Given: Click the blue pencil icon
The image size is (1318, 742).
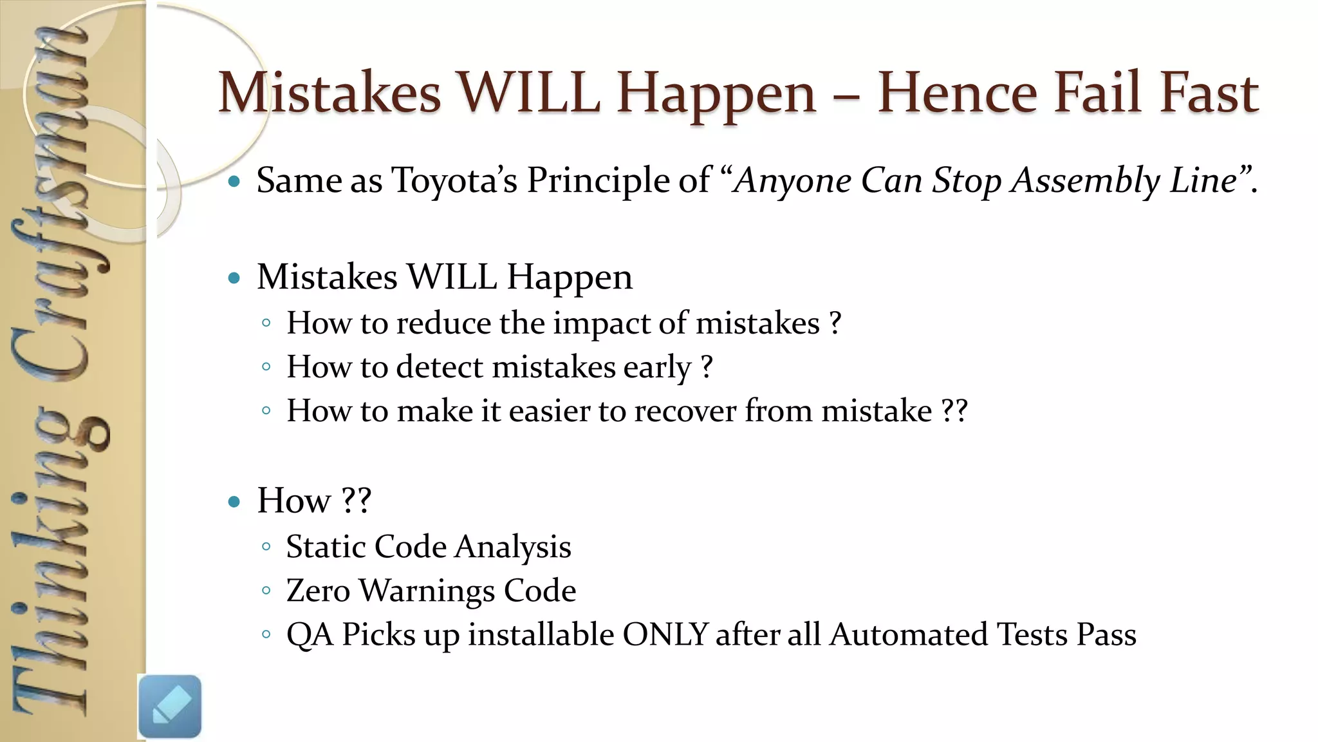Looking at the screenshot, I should click(x=170, y=707).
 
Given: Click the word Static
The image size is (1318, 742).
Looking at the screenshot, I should click(x=326, y=547).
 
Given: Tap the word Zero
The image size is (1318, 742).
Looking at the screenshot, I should click(x=318, y=591).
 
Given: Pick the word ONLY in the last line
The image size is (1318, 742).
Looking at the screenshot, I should click(x=665, y=634).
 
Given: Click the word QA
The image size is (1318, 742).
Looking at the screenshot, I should click(x=310, y=634).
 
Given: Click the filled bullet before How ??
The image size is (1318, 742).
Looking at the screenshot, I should click(x=234, y=501).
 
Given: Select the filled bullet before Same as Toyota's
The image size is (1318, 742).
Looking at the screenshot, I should click(x=234, y=182).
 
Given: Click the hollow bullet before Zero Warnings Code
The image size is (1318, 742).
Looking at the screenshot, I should click(x=266, y=591).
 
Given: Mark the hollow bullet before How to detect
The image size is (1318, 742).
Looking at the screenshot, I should click(x=266, y=367).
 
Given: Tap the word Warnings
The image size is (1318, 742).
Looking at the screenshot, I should click(x=426, y=591).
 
